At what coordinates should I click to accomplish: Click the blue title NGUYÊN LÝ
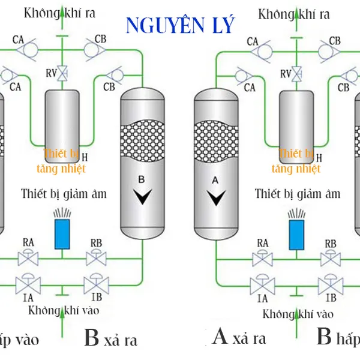[x=180, y=25]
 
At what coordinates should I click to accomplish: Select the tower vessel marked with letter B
[x=143, y=162]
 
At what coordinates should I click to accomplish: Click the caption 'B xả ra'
[x=111, y=338]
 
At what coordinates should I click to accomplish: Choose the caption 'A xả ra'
[x=239, y=338]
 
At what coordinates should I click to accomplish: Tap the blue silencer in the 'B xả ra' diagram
[x=62, y=233]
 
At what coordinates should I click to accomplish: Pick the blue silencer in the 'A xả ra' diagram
[x=295, y=233]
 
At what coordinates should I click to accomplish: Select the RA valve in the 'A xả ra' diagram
[x=262, y=259]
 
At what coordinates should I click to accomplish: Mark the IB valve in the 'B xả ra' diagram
[x=95, y=283]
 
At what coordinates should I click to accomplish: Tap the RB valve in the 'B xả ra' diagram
[x=95, y=259]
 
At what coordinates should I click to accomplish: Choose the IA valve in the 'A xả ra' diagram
[x=262, y=283]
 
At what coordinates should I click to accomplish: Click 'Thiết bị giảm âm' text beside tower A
[x=298, y=194]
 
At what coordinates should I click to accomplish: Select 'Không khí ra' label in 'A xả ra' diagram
[x=293, y=13]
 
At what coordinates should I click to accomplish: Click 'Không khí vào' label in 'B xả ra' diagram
[x=64, y=310]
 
